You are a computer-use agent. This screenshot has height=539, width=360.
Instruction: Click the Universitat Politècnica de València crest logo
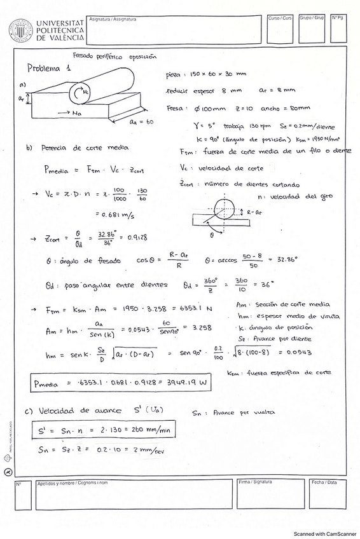click(x=20, y=30)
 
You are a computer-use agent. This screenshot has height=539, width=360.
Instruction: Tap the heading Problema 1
click(x=48, y=68)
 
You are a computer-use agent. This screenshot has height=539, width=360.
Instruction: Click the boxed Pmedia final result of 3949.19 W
click(x=99, y=383)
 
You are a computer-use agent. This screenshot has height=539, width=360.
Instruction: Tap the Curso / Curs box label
click(x=280, y=18)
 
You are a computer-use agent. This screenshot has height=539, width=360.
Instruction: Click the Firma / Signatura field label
click(x=254, y=482)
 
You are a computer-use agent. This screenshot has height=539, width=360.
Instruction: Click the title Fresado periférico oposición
click(x=114, y=55)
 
